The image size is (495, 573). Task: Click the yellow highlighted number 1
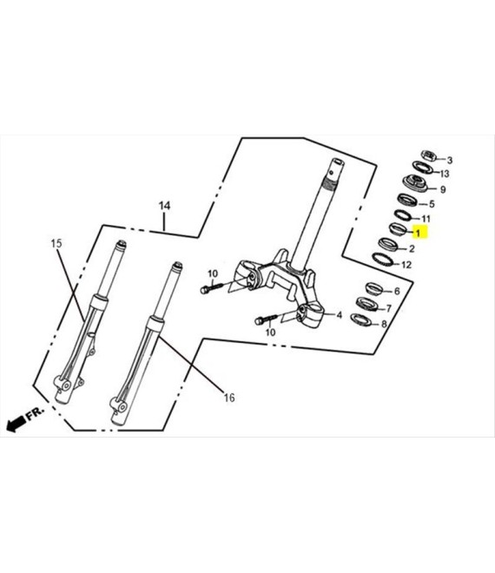coord(418,233)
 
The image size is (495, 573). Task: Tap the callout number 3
coord(450,160)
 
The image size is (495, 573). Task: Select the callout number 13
coord(445,174)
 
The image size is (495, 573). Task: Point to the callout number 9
coord(443,189)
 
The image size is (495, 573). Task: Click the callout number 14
coord(164,206)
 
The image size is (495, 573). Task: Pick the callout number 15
coord(56,243)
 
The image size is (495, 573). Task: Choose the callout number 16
coord(229,398)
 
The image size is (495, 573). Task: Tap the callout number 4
coord(340,314)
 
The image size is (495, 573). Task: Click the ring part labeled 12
coord(382,259)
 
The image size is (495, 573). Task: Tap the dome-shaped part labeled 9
coord(415,183)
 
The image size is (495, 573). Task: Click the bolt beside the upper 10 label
coord(211,287)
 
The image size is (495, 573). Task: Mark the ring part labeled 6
coord(374,288)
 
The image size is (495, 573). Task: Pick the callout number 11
coord(426,219)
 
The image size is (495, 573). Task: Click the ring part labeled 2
coord(388,245)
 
